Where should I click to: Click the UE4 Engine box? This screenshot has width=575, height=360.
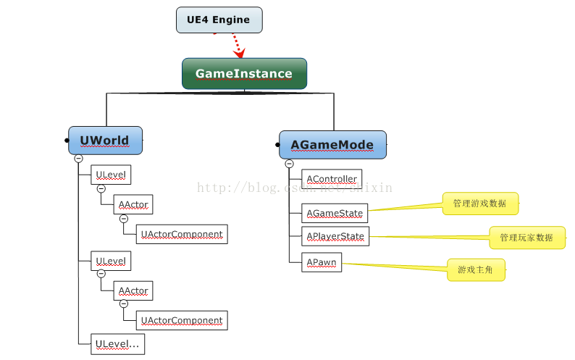pos(219,20)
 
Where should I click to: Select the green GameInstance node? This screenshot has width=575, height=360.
pos(244,73)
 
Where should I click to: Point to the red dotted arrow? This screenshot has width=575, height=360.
pos(235,45)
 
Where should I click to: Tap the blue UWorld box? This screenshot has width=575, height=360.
pos(105,141)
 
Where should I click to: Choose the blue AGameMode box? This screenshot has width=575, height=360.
pos(332,145)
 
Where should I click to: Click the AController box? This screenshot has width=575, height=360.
pos(331,179)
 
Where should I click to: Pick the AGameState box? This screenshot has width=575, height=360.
pos(335,213)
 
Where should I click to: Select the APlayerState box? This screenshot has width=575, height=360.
pos(335,236)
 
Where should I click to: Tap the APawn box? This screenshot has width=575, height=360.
pos(322,264)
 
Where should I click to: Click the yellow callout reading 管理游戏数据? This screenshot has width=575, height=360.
pos(480,204)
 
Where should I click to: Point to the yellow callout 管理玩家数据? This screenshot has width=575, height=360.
pos(526,237)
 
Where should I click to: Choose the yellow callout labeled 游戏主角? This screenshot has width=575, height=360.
pos(475,269)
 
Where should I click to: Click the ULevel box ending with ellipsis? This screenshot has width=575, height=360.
pos(118,344)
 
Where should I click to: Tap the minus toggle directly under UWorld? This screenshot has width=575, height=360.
pos(78,159)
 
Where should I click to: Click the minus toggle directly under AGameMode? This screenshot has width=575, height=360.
pos(289,164)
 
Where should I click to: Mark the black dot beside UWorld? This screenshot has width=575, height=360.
pos(66,141)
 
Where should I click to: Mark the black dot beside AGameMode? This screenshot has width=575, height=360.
pos(277,145)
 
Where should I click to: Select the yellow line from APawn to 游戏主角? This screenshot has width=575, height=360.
pos(395,267)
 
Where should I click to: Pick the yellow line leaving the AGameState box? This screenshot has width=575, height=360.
pos(406,209)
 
